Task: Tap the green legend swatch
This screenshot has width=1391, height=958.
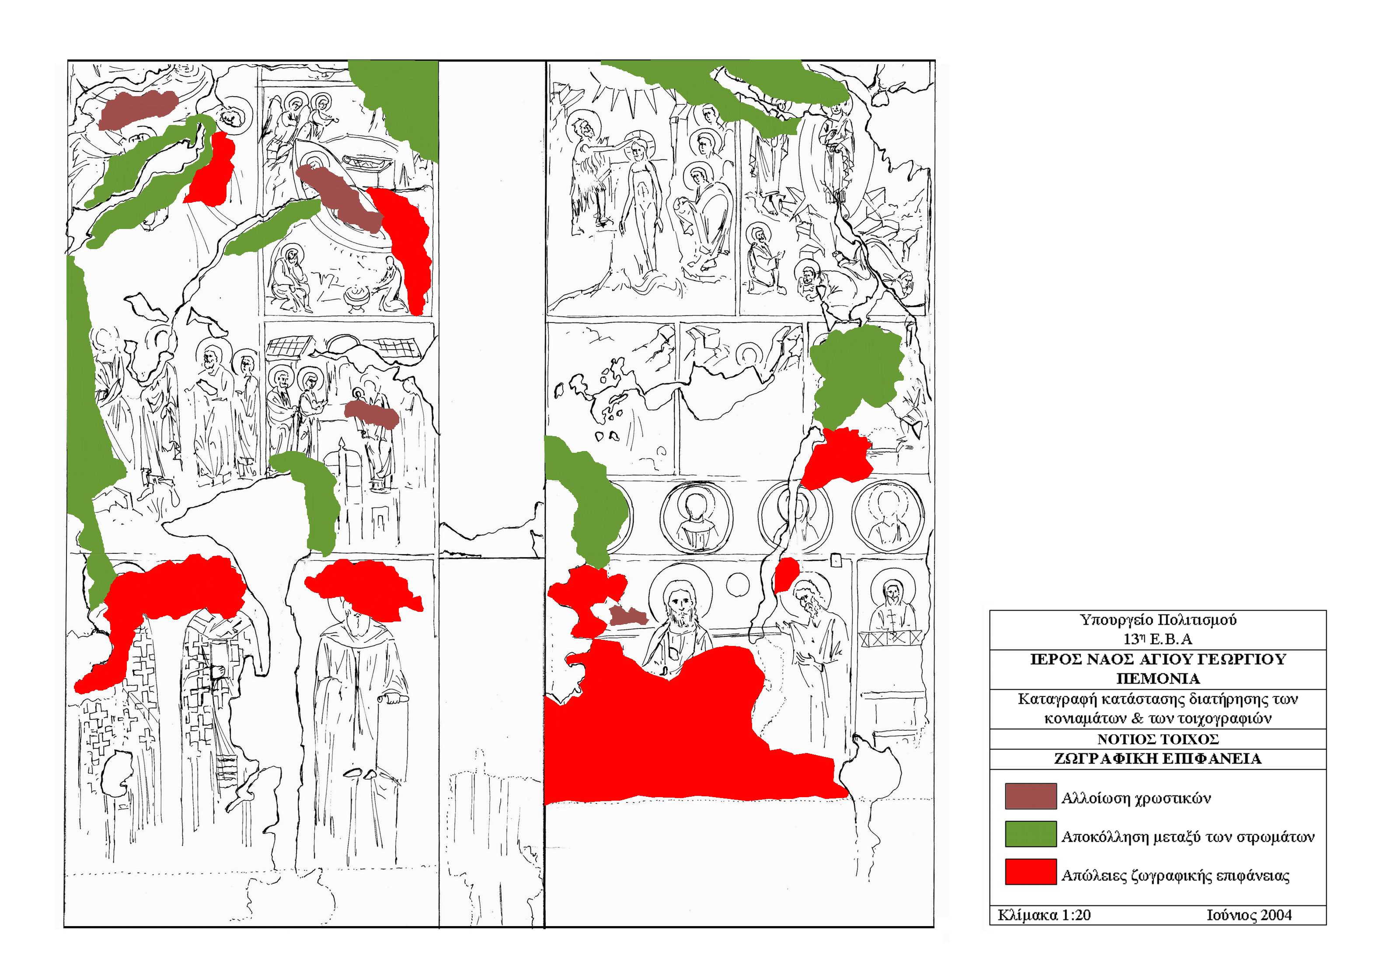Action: (1030, 834)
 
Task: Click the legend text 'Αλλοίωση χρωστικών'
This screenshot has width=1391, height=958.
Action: (1136, 798)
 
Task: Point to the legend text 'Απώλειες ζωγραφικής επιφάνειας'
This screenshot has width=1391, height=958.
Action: (1175, 876)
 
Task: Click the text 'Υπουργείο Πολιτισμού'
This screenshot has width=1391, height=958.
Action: (1157, 619)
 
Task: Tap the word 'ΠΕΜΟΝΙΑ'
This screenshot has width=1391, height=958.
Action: (1157, 678)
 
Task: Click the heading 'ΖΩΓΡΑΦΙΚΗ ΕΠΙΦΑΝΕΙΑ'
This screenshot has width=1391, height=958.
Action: (1157, 759)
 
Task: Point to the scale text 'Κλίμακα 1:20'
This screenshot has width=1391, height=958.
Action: (1044, 915)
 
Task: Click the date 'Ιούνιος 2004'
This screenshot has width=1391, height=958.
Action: (1248, 915)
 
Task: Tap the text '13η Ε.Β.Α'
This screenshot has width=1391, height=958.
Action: (1157, 639)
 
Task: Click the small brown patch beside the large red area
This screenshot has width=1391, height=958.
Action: (628, 615)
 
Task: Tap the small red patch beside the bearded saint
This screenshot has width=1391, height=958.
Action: (786, 574)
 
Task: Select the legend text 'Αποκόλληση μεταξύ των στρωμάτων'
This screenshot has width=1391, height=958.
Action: (1187, 837)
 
